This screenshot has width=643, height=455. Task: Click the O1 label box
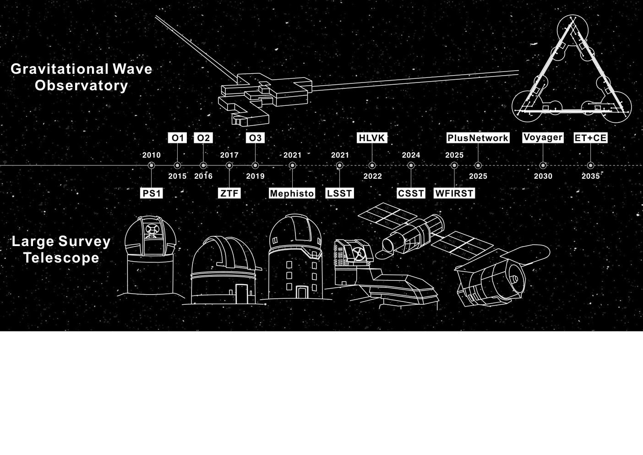pyautogui.click(x=177, y=138)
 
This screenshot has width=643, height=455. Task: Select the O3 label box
pyautogui.click(x=255, y=138)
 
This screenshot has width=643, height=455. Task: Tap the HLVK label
pyautogui.click(x=372, y=138)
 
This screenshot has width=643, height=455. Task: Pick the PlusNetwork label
pyautogui.click(x=478, y=138)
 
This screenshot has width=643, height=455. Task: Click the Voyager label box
pyautogui.click(x=543, y=137)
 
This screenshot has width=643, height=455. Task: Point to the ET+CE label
pyautogui.click(x=590, y=138)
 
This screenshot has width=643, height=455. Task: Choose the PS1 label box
pyautogui.click(x=151, y=193)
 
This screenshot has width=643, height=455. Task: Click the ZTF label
pyautogui.click(x=229, y=193)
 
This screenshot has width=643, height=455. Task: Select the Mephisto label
pyautogui.click(x=292, y=193)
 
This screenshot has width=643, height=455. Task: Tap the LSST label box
pyautogui.click(x=339, y=193)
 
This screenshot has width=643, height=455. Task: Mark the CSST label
pyautogui.click(x=411, y=193)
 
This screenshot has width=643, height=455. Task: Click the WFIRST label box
pyautogui.click(x=454, y=193)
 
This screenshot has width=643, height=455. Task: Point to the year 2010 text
pyautogui.click(x=151, y=155)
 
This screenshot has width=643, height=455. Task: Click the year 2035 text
pyautogui.click(x=590, y=176)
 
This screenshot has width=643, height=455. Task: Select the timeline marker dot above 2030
pyautogui.click(x=543, y=165)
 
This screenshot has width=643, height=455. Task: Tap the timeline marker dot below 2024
pyautogui.click(x=411, y=165)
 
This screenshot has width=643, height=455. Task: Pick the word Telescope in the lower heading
pyautogui.click(x=61, y=258)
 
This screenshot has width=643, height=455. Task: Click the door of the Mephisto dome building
pyautogui.click(x=302, y=292)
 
